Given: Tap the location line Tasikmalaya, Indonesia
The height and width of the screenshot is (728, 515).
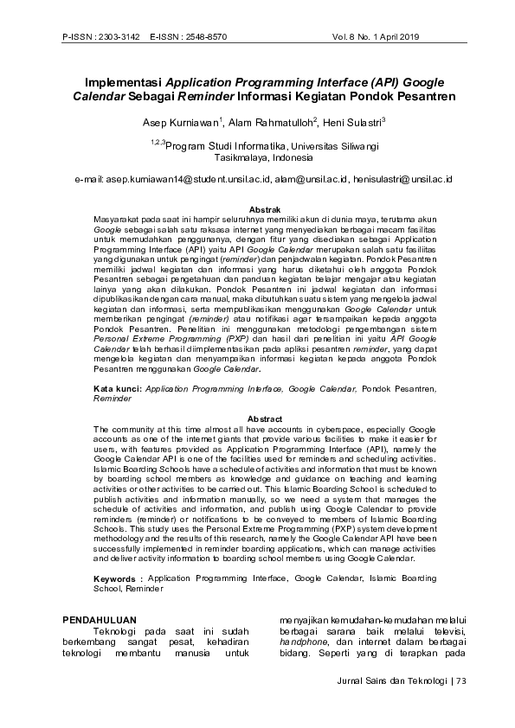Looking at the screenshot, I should tap(257, 159).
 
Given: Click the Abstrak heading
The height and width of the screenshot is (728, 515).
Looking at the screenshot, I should tap(264, 210).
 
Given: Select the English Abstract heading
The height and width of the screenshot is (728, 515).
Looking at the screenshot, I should tap(265, 419).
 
